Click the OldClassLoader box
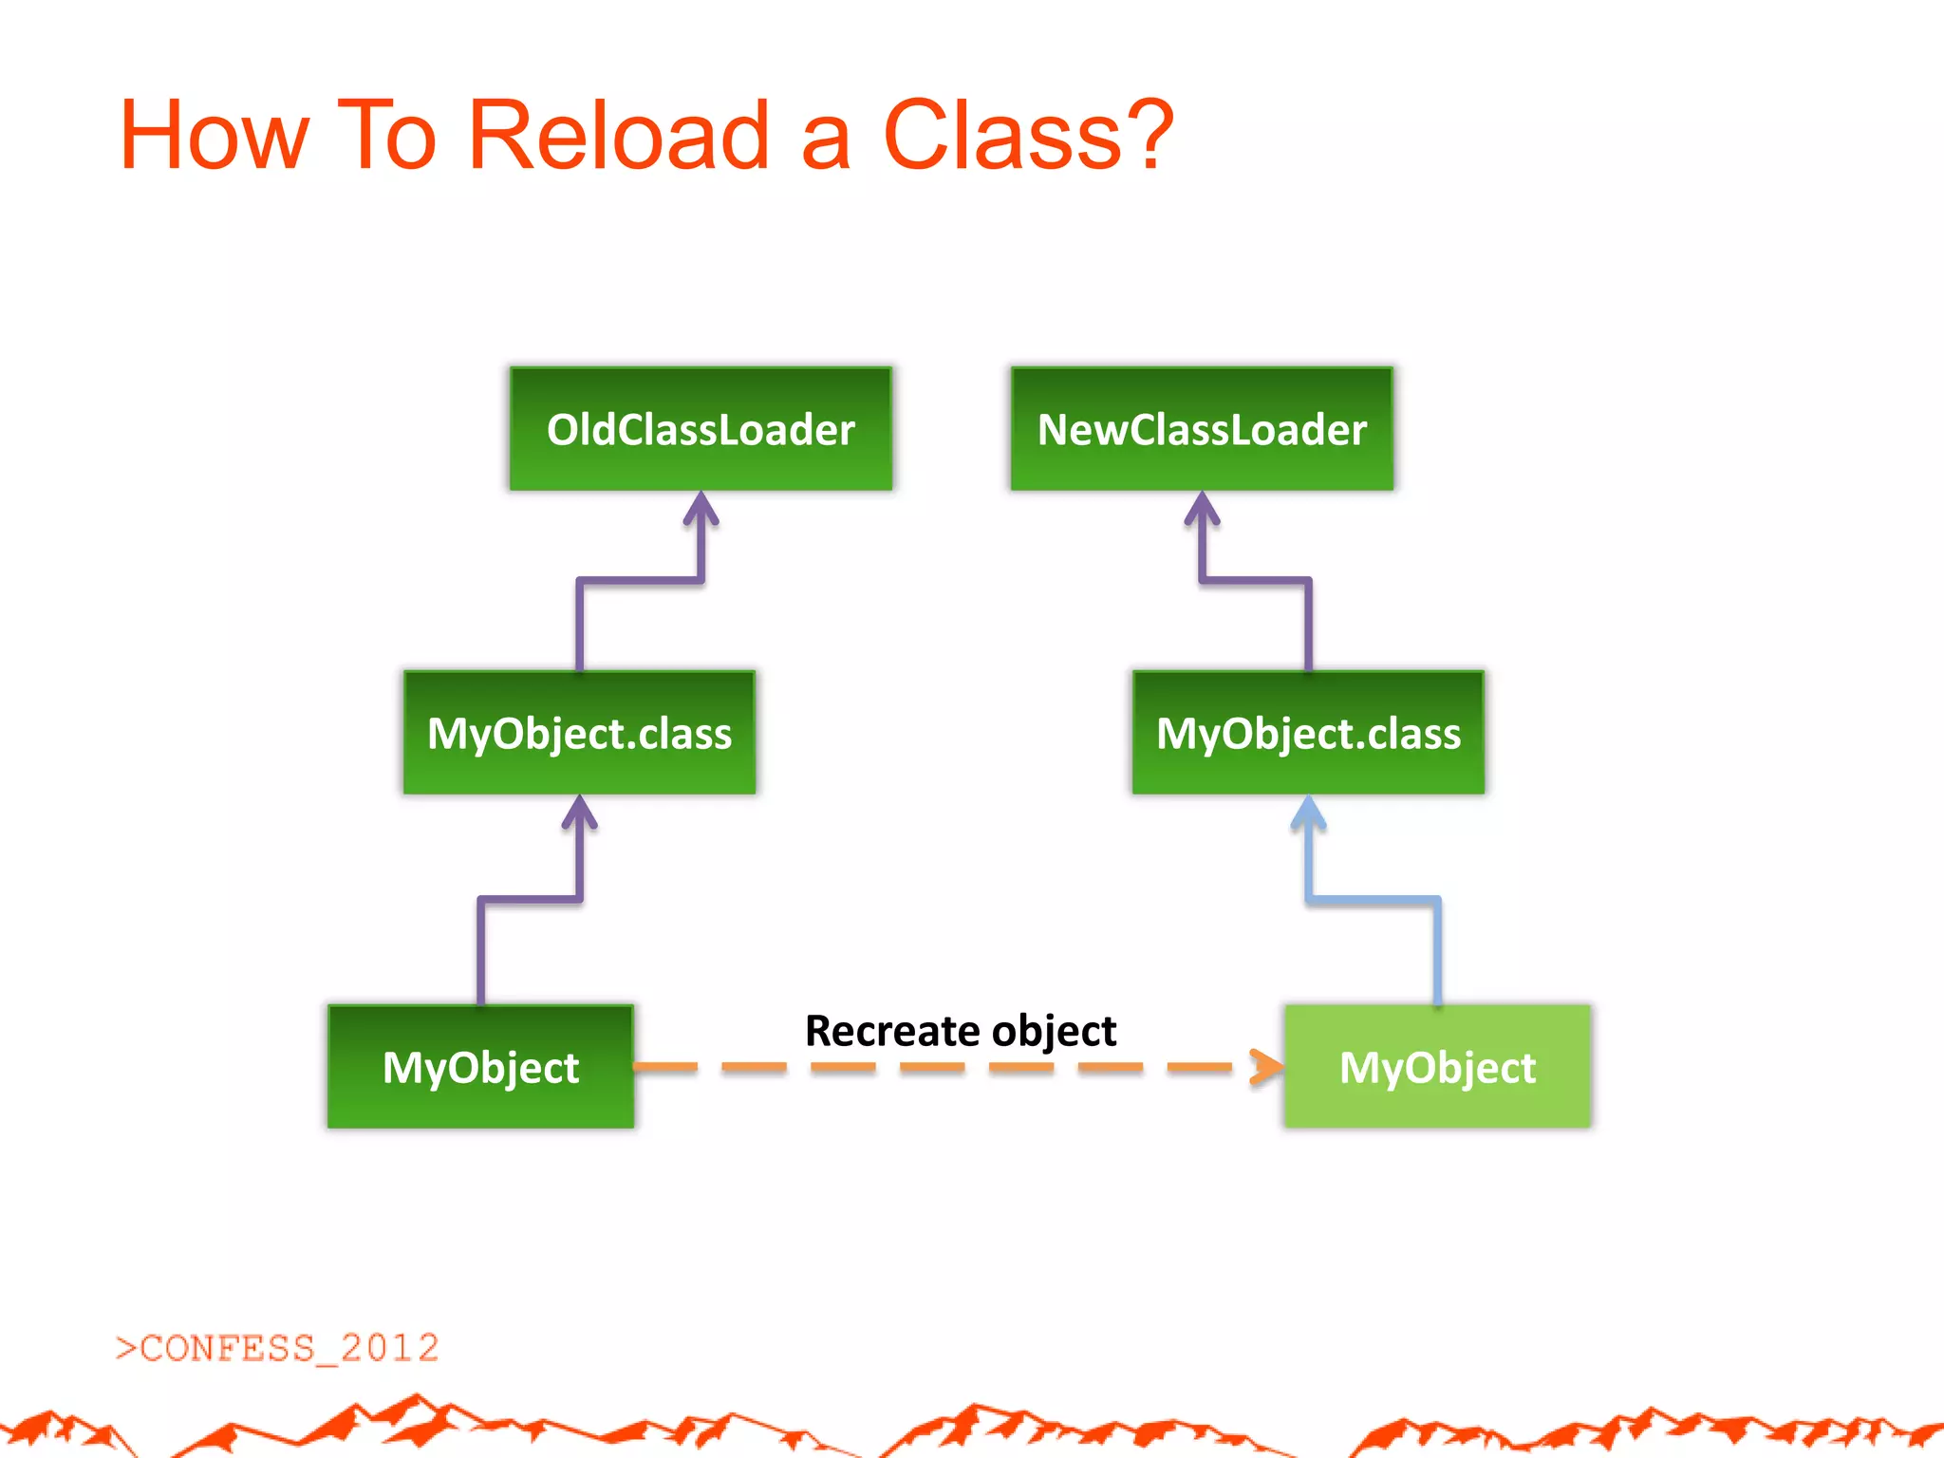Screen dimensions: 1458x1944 tap(701, 429)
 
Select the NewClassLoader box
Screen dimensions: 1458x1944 tap(1202, 429)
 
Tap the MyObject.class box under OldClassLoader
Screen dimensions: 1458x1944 tap(579, 733)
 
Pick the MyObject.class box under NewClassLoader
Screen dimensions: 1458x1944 tap(1308, 733)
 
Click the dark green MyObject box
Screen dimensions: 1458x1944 tap(480, 1067)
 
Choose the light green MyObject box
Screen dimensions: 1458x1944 tap(1437, 1067)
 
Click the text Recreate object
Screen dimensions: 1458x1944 tap(961, 1031)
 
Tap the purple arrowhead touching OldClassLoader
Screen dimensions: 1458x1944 tap(701, 508)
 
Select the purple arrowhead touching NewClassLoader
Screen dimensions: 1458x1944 tap(1202, 508)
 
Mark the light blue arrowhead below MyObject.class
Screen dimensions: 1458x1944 tap(1308, 813)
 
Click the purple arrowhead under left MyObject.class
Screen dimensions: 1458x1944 tap(579, 813)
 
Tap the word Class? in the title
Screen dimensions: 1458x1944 tap(1029, 135)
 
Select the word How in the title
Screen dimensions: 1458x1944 tap(215, 135)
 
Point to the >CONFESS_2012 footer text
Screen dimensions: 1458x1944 tap(277, 1348)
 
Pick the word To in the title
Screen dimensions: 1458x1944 tap(386, 135)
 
